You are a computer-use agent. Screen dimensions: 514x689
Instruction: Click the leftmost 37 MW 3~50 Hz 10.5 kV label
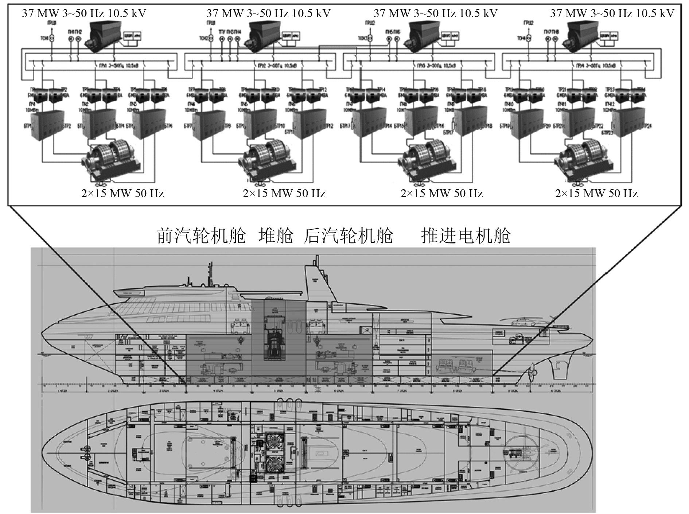pyautogui.click(x=84, y=13)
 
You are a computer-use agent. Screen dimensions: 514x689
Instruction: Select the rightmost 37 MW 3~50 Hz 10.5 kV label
pyautogui.click(x=612, y=13)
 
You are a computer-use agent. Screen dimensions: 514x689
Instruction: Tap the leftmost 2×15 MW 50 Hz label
pyautogui.click(x=122, y=193)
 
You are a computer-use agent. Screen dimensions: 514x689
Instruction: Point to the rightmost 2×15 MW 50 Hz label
pyautogui.click(x=596, y=193)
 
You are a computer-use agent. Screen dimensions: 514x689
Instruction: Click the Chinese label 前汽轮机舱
pyautogui.click(x=202, y=236)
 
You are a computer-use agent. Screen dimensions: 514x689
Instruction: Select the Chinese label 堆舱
pyautogui.click(x=276, y=236)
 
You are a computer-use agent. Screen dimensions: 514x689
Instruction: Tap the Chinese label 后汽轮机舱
pyautogui.click(x=348, y=236)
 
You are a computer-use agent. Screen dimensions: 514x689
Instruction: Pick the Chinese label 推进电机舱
pyautogui.click(x=466, y=236)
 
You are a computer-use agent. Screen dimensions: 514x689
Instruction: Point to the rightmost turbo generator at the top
pyautogui.click(x=581, y=35)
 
